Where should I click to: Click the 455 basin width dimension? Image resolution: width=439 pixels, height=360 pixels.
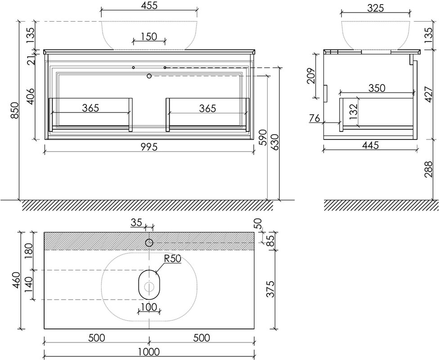149,5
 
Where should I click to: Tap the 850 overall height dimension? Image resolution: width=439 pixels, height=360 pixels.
14,110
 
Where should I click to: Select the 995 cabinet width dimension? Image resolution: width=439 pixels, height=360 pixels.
149,147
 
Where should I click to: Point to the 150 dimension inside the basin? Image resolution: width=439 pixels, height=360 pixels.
149,37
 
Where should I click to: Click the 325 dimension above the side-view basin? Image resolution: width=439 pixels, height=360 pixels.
375,8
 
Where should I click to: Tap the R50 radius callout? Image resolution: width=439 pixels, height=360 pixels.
173,259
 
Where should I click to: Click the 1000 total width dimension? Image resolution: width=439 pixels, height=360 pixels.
149,351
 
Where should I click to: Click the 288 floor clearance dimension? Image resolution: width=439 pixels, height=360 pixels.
428,169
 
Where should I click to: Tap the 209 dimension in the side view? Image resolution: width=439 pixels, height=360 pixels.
311,76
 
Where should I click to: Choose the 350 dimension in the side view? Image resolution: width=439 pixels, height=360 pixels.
376,88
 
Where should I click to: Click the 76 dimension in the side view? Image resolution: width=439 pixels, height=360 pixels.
314,118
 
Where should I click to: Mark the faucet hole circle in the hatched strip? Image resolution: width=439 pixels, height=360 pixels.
149,243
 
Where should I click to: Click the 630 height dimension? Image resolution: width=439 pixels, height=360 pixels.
275,142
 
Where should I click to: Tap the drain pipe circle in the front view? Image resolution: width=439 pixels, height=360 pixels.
149,76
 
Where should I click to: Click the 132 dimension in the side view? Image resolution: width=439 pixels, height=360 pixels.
354,112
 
